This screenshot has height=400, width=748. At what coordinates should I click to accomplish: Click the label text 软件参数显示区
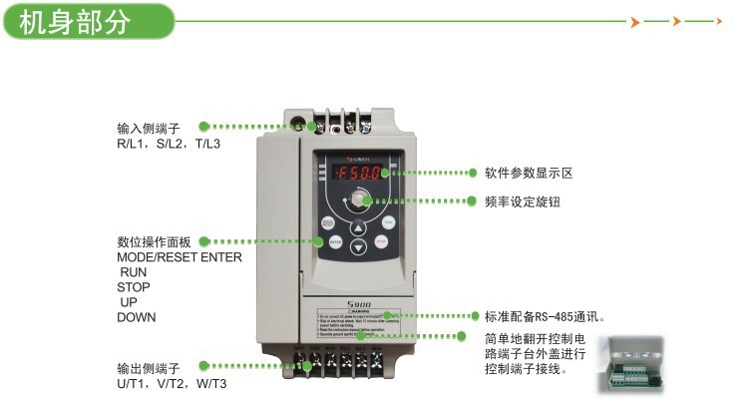529,173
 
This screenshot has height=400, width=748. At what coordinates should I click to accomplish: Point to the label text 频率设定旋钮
522,200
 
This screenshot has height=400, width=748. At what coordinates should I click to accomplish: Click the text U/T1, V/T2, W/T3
172,384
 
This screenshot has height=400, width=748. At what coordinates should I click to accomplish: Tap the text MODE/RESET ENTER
180,256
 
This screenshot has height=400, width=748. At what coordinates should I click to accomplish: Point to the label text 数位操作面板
154,241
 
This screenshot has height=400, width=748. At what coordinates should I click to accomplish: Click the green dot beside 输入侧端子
203,127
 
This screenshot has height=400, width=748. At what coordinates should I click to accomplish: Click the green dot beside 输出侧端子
203,367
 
